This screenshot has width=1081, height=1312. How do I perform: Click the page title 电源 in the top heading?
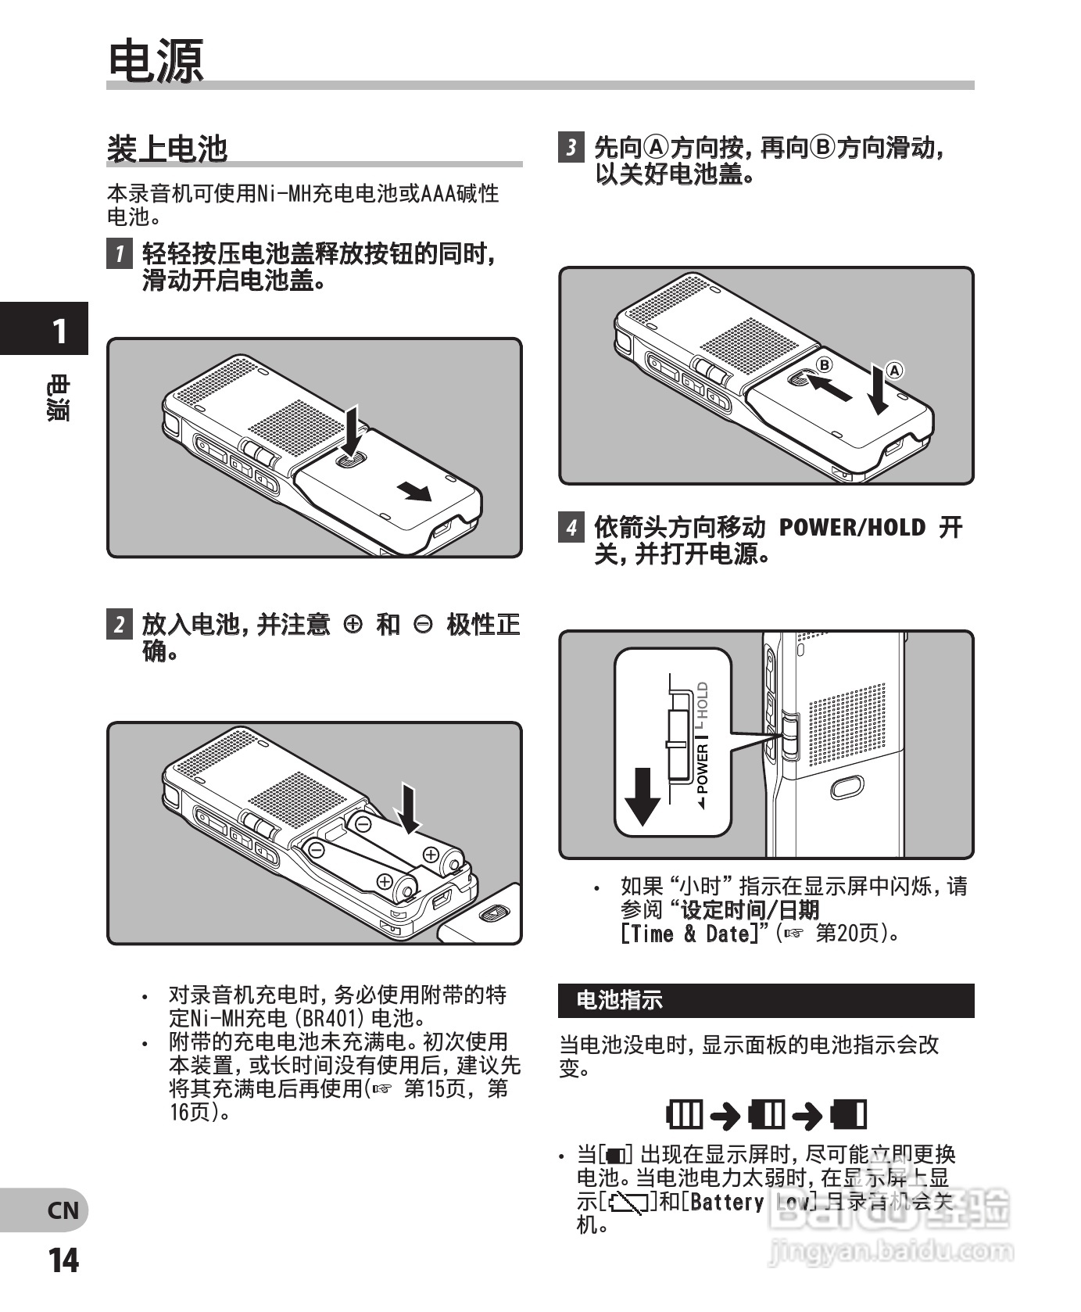[155, 61]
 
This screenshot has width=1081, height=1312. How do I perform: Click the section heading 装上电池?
[166, 149]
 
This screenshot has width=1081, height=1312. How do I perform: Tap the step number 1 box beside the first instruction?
[119, 253]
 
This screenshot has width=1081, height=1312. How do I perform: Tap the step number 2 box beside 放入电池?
[119, 624]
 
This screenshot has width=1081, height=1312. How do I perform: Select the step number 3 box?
[571, 147]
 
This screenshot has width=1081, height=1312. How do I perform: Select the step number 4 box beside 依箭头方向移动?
[571, 527]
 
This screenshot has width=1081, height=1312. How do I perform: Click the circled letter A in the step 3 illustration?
[893, 371]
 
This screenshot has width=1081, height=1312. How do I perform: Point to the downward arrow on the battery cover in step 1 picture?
[352, 431]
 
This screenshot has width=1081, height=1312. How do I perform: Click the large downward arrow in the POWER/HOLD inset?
[643, 797]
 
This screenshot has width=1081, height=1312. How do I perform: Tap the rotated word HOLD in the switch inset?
[702, 701]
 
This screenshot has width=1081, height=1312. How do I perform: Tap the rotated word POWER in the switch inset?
[702, 769]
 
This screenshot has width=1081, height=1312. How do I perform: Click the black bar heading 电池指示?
[618, 1000]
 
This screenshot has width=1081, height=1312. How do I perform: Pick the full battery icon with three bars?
[685, 1114]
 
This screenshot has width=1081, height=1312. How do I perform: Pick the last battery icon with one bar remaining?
[849, 1114]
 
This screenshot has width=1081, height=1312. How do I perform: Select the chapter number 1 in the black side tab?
[59, 332]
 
